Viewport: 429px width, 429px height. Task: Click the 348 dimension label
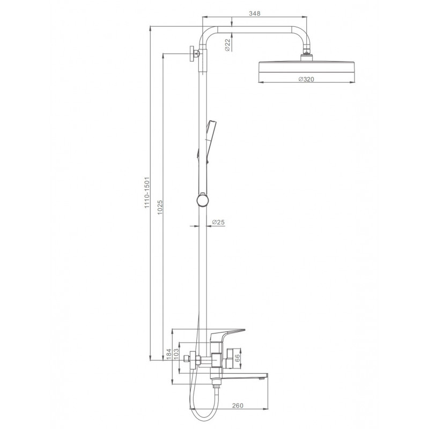pos(254,13)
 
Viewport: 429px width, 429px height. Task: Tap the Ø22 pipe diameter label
pos(227,45)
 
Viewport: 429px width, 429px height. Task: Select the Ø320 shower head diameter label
pos(306,79)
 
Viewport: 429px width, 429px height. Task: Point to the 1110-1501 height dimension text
pos(147,193)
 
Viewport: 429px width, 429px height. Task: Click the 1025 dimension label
pos(160,207)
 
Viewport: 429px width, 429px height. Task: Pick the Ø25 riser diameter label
pos(218,222)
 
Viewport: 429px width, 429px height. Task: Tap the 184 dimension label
pos(168,354)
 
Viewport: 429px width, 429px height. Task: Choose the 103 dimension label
pos(176,354)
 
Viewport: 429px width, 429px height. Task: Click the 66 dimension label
pos(237,358)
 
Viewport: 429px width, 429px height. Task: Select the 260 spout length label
pos(238,405)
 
